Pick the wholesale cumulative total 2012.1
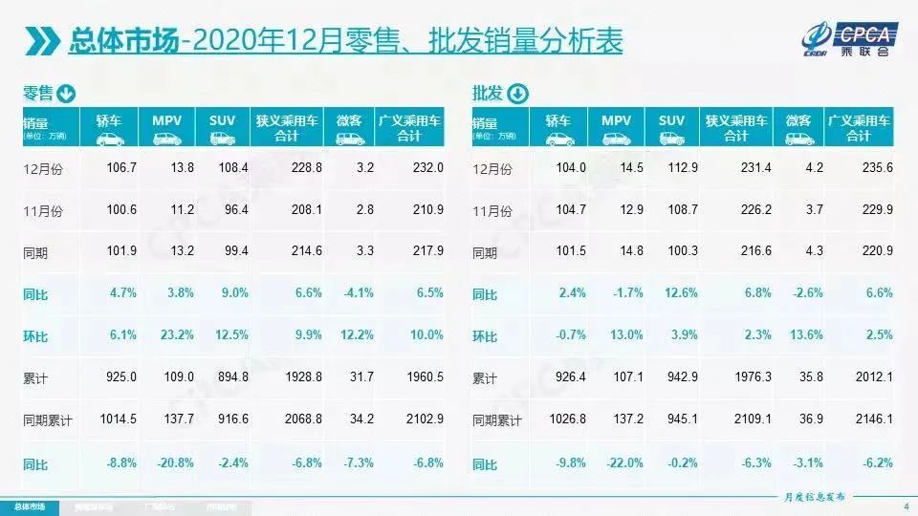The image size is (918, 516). [x=872, y=378]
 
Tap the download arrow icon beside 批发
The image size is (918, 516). [x=516, y=94]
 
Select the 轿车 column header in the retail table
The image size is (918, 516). [x=109, y=128]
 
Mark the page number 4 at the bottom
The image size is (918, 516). [x=905, y=505]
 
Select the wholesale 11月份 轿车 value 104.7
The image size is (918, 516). [x=571, y=210]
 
